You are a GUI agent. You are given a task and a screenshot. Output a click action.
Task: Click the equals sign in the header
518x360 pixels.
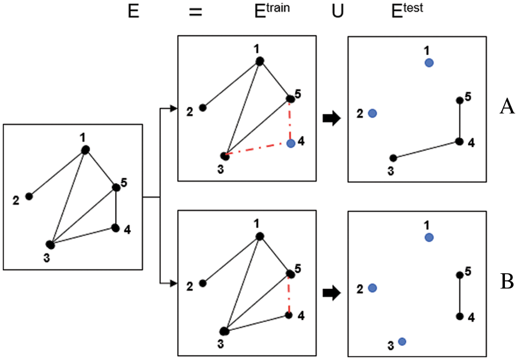[196, 12]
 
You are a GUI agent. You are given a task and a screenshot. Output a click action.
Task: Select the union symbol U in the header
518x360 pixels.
[338, 12]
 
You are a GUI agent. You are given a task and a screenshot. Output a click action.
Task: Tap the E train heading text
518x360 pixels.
[271, 11]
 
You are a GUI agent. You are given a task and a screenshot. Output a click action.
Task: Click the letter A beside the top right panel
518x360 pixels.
[507, 107]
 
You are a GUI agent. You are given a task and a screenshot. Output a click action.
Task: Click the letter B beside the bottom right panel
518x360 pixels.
[507, 281]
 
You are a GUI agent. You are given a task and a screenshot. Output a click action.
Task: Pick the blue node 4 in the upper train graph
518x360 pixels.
[291, 143]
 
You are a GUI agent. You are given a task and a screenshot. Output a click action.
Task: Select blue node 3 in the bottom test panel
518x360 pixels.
[402, 341]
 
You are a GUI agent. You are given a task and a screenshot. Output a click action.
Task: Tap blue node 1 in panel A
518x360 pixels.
[429, 63]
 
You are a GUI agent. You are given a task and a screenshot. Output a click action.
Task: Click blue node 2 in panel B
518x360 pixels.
[372, 287]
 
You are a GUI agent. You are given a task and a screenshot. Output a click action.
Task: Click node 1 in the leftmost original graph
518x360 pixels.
[85, 149]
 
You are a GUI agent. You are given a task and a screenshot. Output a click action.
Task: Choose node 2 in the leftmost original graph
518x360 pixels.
[29, 196]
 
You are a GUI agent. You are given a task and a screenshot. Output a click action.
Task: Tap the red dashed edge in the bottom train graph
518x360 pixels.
[289, 295]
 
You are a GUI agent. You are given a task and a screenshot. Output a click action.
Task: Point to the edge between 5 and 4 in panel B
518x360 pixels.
[460, 296]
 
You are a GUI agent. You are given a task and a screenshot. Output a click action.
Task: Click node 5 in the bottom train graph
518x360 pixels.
[290, 274]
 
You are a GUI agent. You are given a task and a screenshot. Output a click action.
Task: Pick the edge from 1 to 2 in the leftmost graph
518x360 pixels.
[57, 172]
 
